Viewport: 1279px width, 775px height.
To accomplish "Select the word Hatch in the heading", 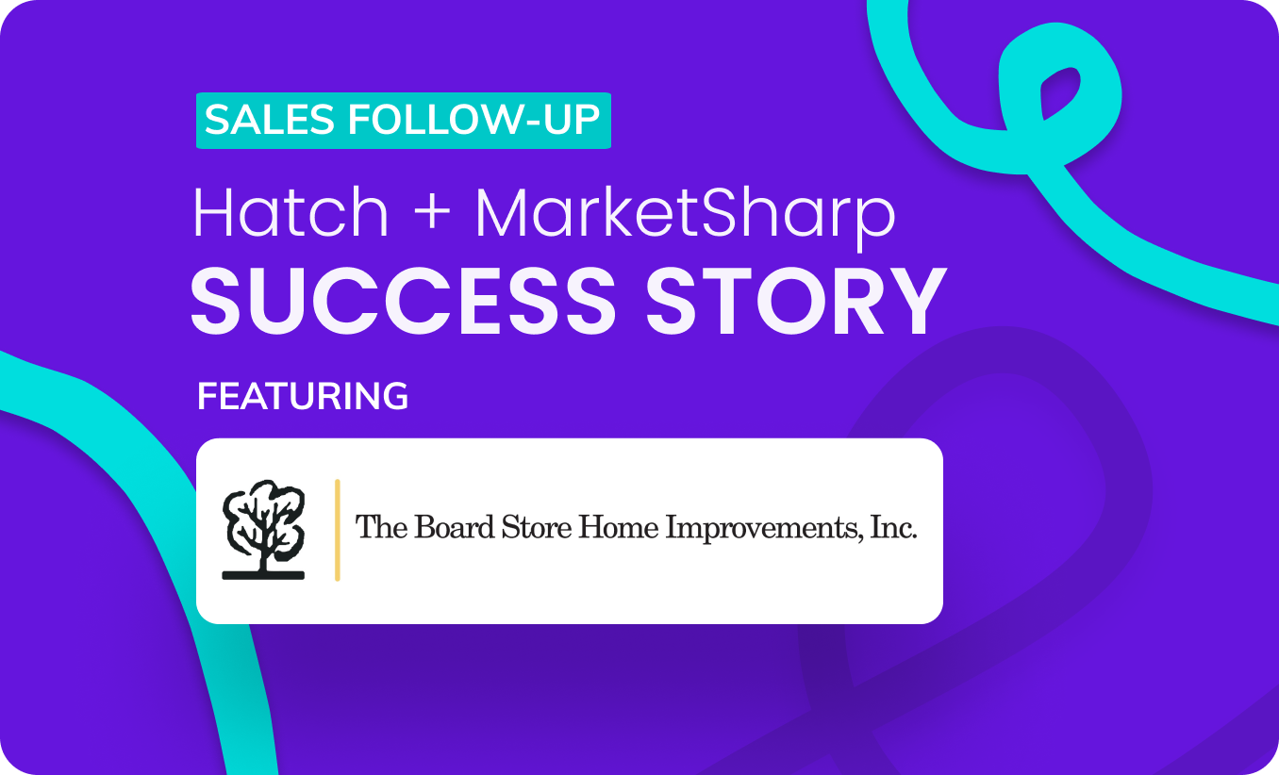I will [291, 214].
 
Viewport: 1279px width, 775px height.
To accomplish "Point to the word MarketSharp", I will [685, 216].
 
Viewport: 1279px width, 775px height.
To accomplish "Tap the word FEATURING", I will [303, 397].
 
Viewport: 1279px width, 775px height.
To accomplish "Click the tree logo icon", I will [262, 523].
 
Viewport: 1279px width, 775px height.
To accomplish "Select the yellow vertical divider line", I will [337, 530].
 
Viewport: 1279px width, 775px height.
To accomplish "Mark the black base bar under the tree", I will [262, 574].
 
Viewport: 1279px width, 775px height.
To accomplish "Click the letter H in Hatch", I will [212, 214].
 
